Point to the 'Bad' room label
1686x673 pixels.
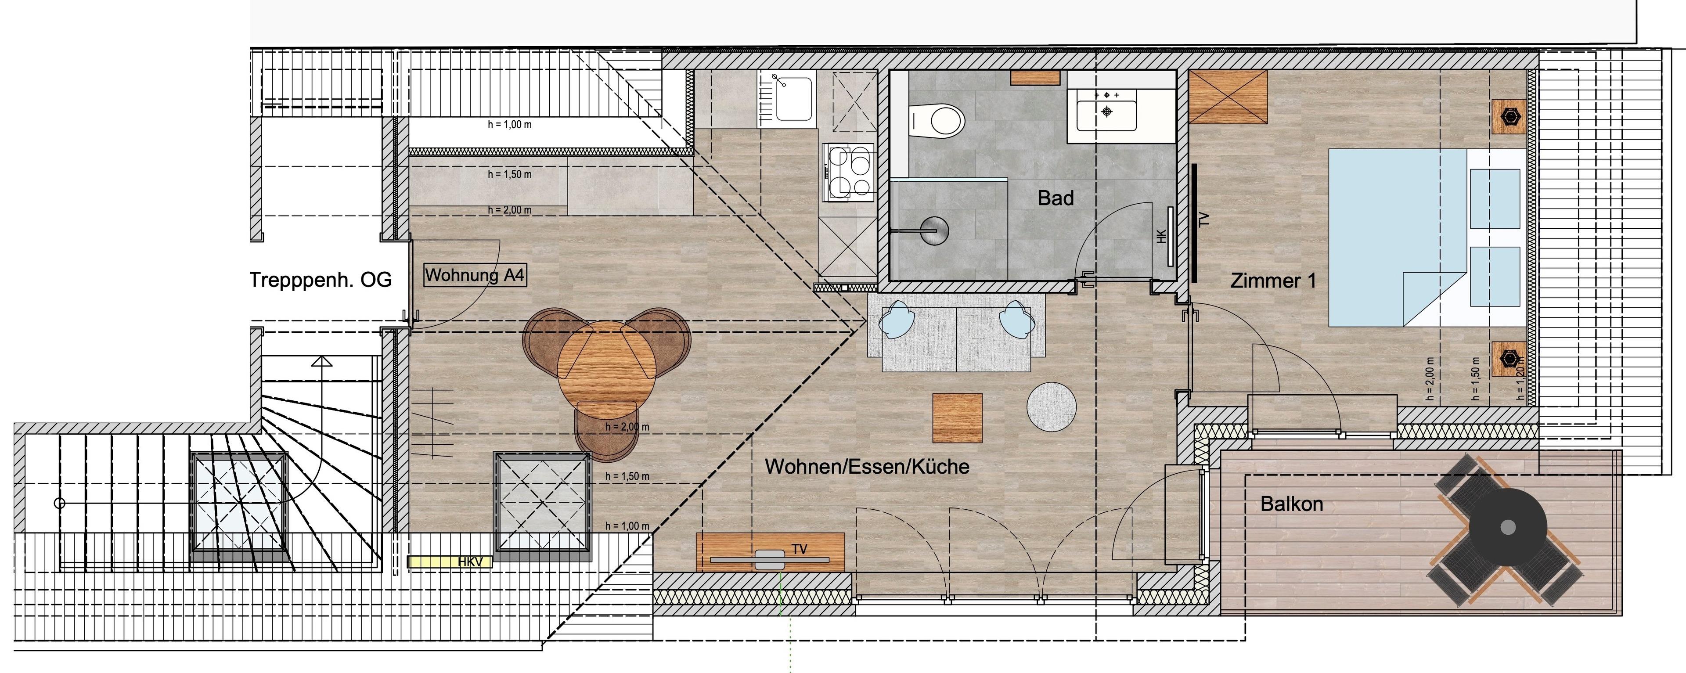[1056, 198]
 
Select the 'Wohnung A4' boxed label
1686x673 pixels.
[475, 275]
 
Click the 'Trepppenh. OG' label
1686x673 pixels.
[321, 280]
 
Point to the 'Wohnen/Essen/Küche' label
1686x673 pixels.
[867, 466]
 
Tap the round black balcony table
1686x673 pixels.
[1507, 527]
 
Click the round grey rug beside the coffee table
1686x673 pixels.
[1051, 407]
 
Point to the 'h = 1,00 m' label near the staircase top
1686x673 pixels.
[509, 124]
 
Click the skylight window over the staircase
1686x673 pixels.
[239, 504]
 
